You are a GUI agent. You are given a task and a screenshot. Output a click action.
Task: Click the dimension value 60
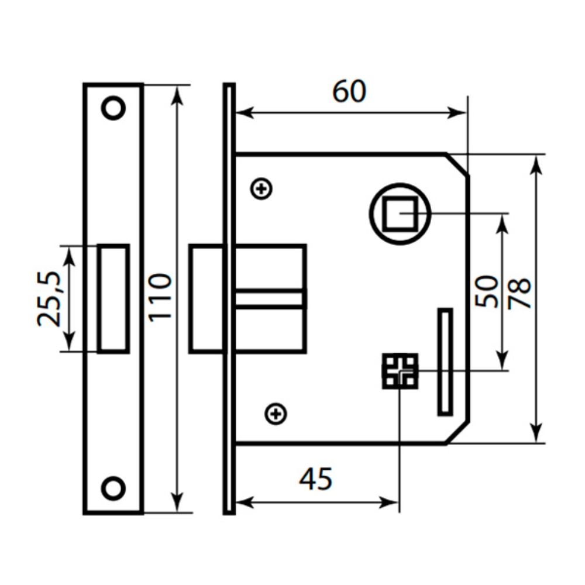click(x=349, y=92)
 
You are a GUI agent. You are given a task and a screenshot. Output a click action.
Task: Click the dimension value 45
click(x=315, y=480)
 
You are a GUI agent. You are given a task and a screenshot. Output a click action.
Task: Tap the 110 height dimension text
click(x=160, y=296)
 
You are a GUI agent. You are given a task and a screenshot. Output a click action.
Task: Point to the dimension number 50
click(x=487, y=291)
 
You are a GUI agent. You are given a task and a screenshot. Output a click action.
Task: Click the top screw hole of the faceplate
click(x=113, y=108)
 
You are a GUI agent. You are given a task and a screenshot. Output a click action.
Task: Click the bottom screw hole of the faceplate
click(x=113, y=488)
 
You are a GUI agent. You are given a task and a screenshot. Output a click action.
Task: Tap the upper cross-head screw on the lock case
click(x=261, y=189)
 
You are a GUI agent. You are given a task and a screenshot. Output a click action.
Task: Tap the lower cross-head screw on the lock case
click(x=276, y=414)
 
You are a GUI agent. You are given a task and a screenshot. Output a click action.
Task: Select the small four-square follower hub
click(x=400, y=371)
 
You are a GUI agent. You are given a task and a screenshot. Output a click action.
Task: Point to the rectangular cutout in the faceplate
click(x=113, y=298)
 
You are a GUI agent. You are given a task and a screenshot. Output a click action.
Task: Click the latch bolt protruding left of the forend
click(x=207, y=298)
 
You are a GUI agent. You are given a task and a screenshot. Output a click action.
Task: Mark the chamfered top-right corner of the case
click(x=458, y=164)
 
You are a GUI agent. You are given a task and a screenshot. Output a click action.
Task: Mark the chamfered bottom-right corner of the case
click(x=458, y=433)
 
